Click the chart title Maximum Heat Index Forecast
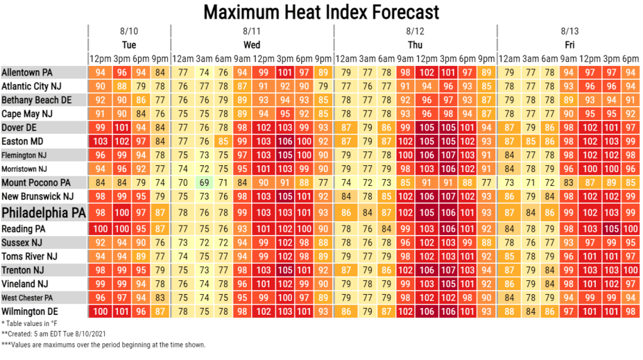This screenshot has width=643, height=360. click(x=321, y=11)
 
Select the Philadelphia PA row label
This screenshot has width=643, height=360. click(x=44, y=212)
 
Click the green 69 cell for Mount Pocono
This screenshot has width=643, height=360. click(x=203, y=183)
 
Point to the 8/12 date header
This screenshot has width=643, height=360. click(x=415, y=30)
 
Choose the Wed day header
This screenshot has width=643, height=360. click(x=252, y=45)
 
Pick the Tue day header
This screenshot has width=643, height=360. click(x=129, y=45)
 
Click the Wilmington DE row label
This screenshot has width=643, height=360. click(x=30, y=311)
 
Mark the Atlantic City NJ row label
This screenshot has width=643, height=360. click(x=34, y=86)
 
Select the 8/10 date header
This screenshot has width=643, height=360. click(x=129, y=30)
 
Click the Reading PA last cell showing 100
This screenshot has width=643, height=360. click(x=630, y=229)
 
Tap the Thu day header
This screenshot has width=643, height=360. click(x=415, y=45)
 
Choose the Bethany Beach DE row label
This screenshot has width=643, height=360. click(x=36, y=100)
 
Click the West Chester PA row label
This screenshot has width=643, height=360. click(x=27, y=297)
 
